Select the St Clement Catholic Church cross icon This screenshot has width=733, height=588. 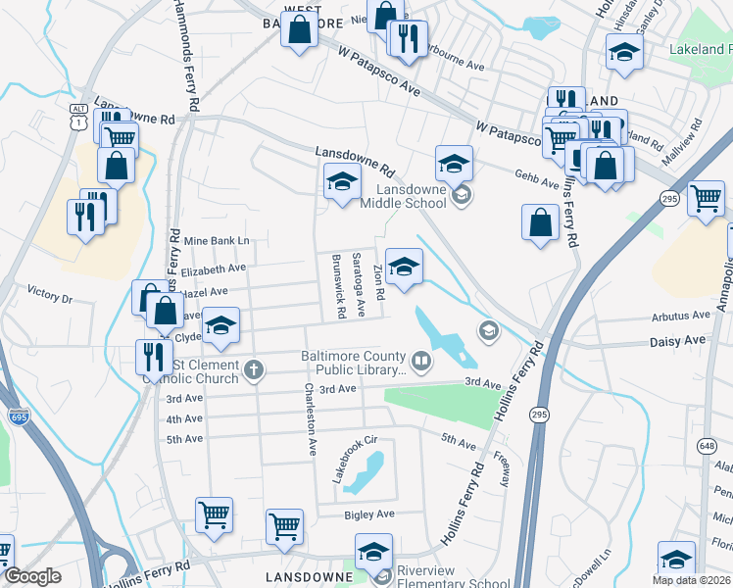point(254,369)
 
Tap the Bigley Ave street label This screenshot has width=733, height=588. point(368,514)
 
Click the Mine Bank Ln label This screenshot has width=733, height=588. point(217,240)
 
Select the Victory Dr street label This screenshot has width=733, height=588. point(50,293)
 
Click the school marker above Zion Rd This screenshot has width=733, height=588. point(404,268)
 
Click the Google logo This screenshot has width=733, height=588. point(32,576)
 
